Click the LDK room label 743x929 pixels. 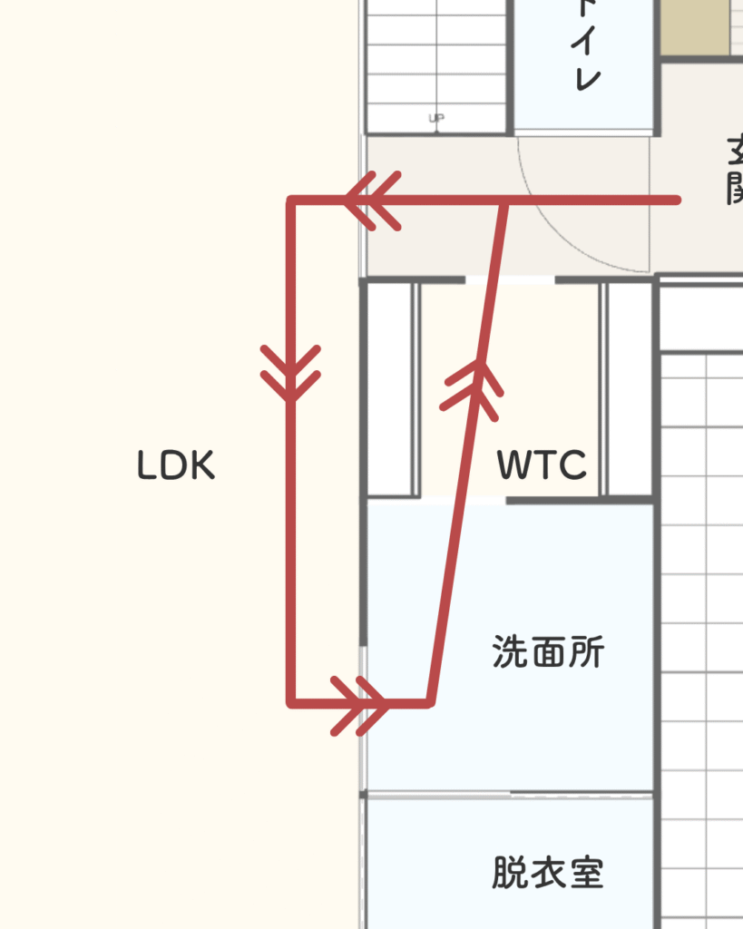[x=176, y=466]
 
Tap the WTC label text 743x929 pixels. [x=542, y=466]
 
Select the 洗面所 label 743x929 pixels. [x=548, y=651]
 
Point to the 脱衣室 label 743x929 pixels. [x=548, y=873]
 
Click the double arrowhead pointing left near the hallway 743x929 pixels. [x=373, y=200]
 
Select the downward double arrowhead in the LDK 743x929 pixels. [x=290, y=372]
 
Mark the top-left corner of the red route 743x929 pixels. [x=291, y=200]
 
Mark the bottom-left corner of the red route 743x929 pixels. [x=291, y=702]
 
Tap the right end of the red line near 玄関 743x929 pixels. [x=676, y=200]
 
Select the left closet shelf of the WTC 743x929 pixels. [x=389, y=390]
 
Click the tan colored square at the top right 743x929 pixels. [x=694, y=27]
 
